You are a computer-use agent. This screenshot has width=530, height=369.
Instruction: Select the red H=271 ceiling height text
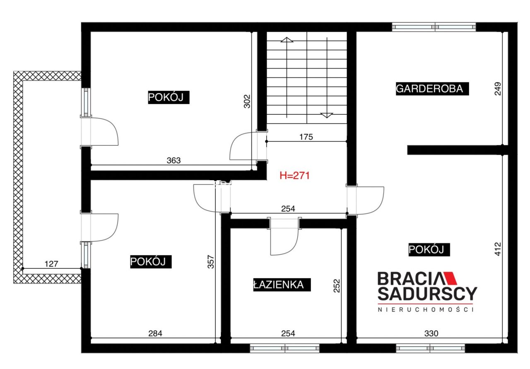click(294, 176)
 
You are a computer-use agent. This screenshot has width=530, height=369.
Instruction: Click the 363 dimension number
click(173, 160)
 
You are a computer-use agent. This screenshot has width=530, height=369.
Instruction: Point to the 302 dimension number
click(247, 101)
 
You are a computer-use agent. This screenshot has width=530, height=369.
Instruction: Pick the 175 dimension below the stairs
click(306, 137)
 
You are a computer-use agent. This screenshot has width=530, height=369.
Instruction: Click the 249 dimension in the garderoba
click(498, 89)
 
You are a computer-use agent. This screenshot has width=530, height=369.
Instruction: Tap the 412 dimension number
click(498, 249)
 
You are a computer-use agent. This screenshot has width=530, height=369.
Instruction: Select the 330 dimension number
click(431, 333)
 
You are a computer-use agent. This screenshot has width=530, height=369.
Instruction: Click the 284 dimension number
click(155, 333)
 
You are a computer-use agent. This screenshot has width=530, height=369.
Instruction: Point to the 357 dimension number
click(211, 262)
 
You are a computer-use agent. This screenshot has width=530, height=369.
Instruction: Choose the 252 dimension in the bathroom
click(337, 286)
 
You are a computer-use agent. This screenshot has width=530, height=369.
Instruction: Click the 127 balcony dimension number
click(51, 264)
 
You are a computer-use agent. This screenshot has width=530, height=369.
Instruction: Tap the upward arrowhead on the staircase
click(287, 39)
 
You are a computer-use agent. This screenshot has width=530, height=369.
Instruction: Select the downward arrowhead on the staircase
click(327, 116)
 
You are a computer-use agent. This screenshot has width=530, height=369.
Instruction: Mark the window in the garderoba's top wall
click(434, 27)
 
